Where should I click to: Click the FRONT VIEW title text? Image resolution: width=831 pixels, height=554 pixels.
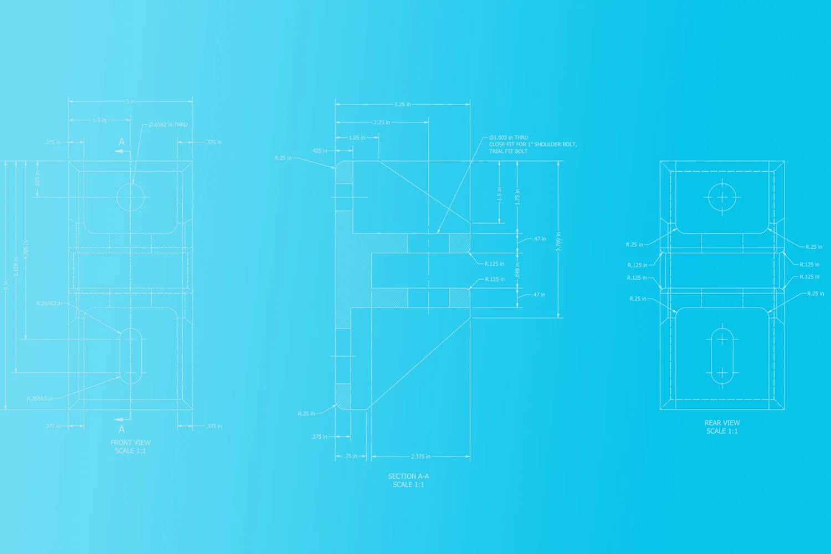[130, 443]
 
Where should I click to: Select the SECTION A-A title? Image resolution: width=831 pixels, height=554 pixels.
[408, 476]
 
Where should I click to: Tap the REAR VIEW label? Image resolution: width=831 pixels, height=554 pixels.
[722, 423]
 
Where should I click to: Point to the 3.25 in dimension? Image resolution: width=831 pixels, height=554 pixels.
[403, 104]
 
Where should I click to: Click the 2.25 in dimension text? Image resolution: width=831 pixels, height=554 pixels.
[382, 122]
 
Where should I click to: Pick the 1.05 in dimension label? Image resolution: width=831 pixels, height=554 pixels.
[357, 138]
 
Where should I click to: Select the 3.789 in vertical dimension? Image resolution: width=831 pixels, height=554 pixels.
[558, 242]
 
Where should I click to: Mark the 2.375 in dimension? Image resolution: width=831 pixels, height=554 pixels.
[420, 456]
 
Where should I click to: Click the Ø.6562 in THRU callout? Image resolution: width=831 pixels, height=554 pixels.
[168, 125]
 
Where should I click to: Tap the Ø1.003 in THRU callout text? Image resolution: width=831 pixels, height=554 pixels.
[509, 137]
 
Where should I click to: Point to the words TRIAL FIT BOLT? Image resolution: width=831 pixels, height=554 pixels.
[508, 151]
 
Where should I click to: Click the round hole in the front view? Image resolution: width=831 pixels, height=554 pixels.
[130, 197]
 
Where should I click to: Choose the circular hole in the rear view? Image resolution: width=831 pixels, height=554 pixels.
[722, 197]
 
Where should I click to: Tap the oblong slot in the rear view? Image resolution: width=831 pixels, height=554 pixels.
[722, 356]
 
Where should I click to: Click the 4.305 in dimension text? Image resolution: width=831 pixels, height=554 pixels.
[26, 250]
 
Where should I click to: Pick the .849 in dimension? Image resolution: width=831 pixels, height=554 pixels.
[517, 270]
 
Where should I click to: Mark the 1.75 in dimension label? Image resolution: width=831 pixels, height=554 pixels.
[517, 197]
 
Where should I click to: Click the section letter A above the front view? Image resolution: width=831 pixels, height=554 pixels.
[122, 142]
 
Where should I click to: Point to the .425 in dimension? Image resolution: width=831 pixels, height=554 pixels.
[319, 151]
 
